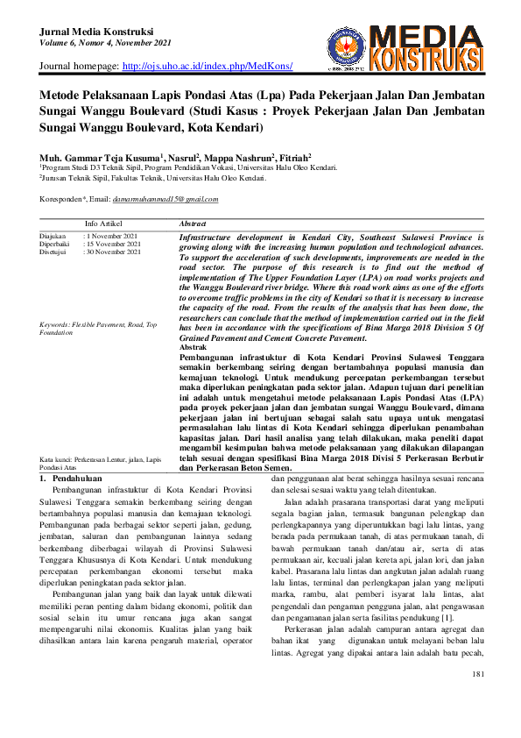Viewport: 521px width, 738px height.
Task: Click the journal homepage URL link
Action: coord(207,67)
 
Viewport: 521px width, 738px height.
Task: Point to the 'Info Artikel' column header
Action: coord(103,224)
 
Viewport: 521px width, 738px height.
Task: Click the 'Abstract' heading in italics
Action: coord(192,224)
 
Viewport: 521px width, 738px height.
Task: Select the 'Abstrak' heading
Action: coord(193,347)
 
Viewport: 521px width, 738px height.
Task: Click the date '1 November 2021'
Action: coord(112,237)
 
